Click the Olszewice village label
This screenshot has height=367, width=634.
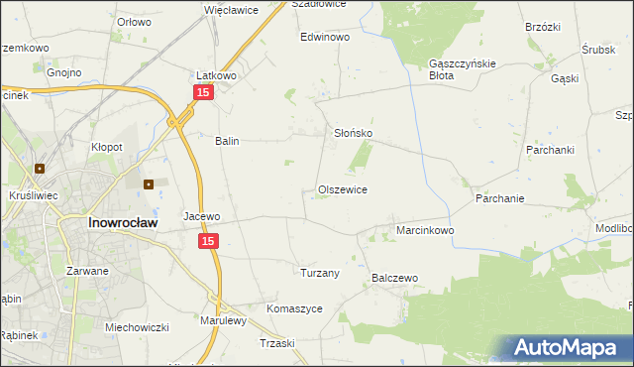[343, 189]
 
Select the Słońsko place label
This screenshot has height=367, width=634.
[352, 133]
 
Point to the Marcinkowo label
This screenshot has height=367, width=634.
[425, 230]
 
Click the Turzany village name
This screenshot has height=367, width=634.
[320, 272]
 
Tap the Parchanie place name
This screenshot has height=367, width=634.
[499, 198]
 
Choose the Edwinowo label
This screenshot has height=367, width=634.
[326, 37]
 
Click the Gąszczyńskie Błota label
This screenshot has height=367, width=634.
[455, 68]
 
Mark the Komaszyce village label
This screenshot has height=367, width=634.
[294, 308]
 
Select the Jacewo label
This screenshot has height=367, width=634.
[201, 215]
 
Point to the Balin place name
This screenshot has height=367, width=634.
[228, 141]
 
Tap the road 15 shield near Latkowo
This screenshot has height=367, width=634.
[202, 92]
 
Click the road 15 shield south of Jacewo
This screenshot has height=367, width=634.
[207, 241]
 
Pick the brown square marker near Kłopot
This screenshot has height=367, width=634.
[149, 183]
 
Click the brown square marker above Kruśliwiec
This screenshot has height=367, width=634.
[41, 169]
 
